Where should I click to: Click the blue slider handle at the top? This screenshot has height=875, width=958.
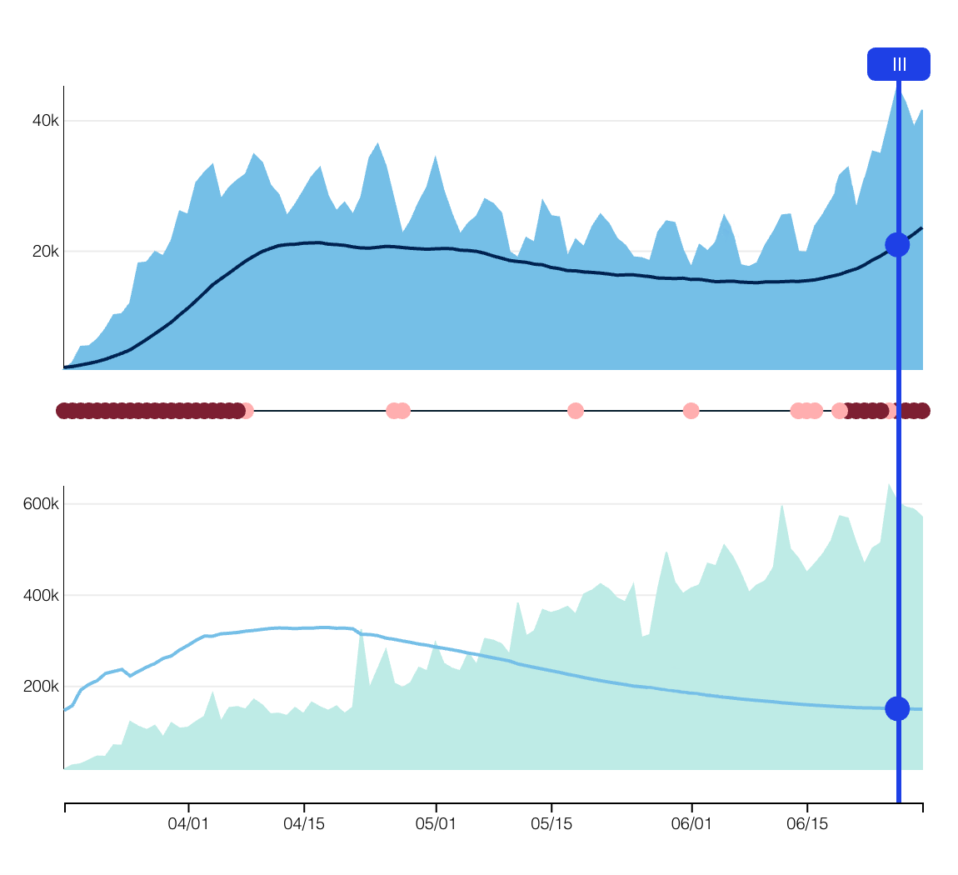[898, 64]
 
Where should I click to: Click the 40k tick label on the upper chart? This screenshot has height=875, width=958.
[45, 121]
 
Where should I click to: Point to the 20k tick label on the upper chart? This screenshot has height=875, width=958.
[45, 251]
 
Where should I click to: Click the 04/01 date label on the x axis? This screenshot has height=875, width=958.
[188, 824]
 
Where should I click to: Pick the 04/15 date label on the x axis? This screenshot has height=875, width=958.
[304, 824]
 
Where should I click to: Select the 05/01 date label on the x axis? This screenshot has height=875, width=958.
[436, 824]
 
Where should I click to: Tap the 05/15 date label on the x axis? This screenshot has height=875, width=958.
[551, 824]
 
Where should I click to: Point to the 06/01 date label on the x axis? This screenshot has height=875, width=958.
[691, 824]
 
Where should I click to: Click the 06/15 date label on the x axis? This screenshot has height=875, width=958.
[807, 824]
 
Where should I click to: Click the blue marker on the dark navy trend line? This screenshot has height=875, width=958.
[897, 244]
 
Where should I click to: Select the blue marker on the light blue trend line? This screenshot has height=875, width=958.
[897, 708]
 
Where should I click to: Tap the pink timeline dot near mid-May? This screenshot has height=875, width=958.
[575, 410]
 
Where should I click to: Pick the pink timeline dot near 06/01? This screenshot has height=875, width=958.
[691, 410]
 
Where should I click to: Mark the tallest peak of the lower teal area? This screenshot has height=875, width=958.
[889, 485]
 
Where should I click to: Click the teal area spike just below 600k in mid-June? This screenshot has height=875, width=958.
[782, 506]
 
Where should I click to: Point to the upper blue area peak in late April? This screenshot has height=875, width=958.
[377, 143]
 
